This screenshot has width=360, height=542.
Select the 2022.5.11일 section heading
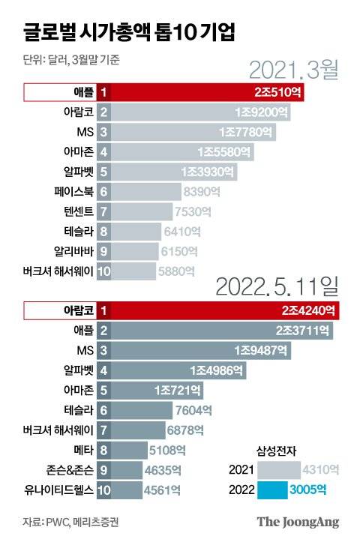point(277,286)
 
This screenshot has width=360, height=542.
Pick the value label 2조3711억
point(304,330)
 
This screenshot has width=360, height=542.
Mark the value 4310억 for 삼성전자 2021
point(320,471)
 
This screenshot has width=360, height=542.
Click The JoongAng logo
point(298,522)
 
